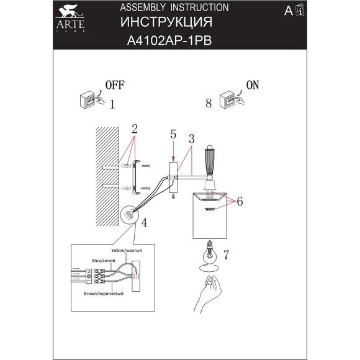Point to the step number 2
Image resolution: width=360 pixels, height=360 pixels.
[134, 129]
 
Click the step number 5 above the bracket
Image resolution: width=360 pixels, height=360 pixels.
[173, 133]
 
